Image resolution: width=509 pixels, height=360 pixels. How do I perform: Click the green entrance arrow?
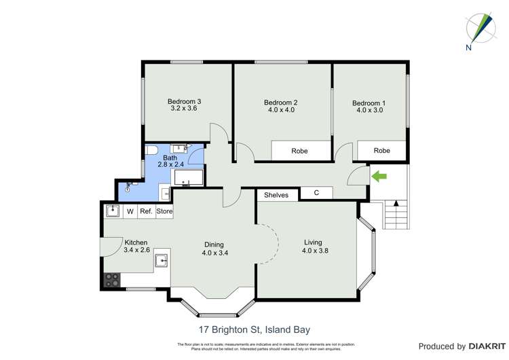click(379, 177)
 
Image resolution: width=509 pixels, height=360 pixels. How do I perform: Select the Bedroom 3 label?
click(185, 102)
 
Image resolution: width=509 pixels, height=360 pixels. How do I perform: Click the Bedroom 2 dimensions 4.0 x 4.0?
click(280, 110)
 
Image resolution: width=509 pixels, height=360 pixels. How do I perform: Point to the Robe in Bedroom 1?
click(382, 151)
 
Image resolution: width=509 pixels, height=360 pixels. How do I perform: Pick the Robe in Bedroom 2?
click(299, 151)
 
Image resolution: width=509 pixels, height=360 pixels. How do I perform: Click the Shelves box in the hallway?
click(276, 195)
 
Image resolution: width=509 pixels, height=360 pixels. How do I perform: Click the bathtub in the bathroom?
click(188, 179)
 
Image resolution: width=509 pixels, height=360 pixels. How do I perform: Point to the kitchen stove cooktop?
click(112, 279)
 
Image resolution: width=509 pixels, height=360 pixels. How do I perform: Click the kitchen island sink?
click(161, 261)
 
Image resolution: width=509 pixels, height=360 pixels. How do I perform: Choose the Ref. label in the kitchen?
click(145, 211)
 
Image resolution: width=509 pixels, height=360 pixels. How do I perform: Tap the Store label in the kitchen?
click(164, 211)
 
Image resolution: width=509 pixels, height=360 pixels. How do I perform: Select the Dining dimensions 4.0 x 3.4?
click(214, 253)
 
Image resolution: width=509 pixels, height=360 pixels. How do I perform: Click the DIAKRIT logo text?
click(485, 346)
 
